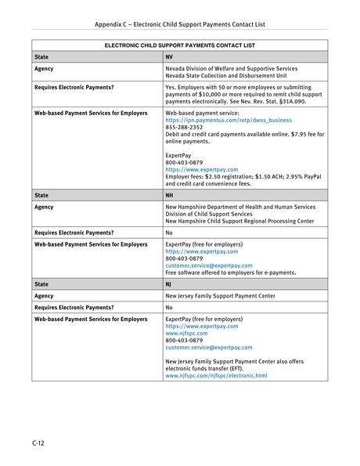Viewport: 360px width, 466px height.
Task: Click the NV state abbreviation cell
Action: pos(169,57)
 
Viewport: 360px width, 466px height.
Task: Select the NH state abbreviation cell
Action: pos(170,193)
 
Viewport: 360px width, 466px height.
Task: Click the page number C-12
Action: pos(38,443)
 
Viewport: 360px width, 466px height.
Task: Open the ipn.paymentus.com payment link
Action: pos(229,120)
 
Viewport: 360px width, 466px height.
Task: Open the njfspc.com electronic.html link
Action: pos(216,375)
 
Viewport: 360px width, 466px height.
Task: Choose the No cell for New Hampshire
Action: pos(169,233)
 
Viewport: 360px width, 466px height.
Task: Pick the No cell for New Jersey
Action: pos(169,309)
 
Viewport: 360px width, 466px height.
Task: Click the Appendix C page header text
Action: pos(180,24)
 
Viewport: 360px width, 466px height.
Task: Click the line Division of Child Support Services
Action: pos(209,214)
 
